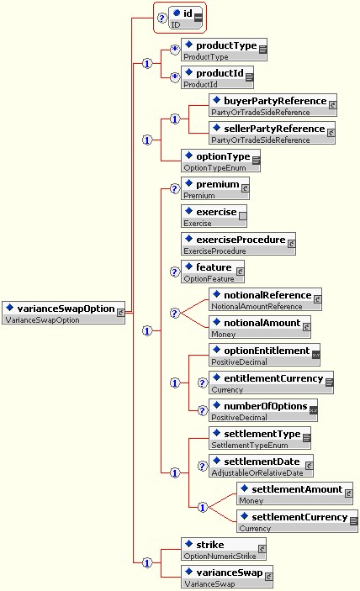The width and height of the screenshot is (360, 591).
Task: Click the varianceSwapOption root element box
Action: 63,313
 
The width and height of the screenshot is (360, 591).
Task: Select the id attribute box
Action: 185,18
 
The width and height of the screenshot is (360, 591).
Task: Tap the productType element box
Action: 224,50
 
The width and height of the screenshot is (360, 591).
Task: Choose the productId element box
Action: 217,77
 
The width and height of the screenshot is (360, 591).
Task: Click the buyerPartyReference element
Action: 273,105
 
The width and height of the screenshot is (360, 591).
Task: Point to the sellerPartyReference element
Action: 272,133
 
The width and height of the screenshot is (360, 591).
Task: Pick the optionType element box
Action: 220,161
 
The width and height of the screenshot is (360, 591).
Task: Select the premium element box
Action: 214,188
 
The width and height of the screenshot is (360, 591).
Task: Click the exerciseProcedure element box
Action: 238,244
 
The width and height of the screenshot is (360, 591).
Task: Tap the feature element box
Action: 213,272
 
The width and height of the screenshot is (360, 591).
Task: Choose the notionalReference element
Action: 266,299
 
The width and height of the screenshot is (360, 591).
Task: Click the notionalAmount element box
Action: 260,327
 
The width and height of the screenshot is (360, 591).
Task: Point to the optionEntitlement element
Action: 265,355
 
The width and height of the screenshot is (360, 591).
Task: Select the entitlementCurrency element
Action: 271,383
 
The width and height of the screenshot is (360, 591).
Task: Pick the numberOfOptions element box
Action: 263,410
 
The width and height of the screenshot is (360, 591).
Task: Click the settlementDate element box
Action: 261,466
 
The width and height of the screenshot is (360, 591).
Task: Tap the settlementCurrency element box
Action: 298,521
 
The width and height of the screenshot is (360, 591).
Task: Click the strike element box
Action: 224,549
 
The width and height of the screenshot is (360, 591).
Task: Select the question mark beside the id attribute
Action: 162,18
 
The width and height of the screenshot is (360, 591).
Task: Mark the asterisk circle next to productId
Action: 175,77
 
